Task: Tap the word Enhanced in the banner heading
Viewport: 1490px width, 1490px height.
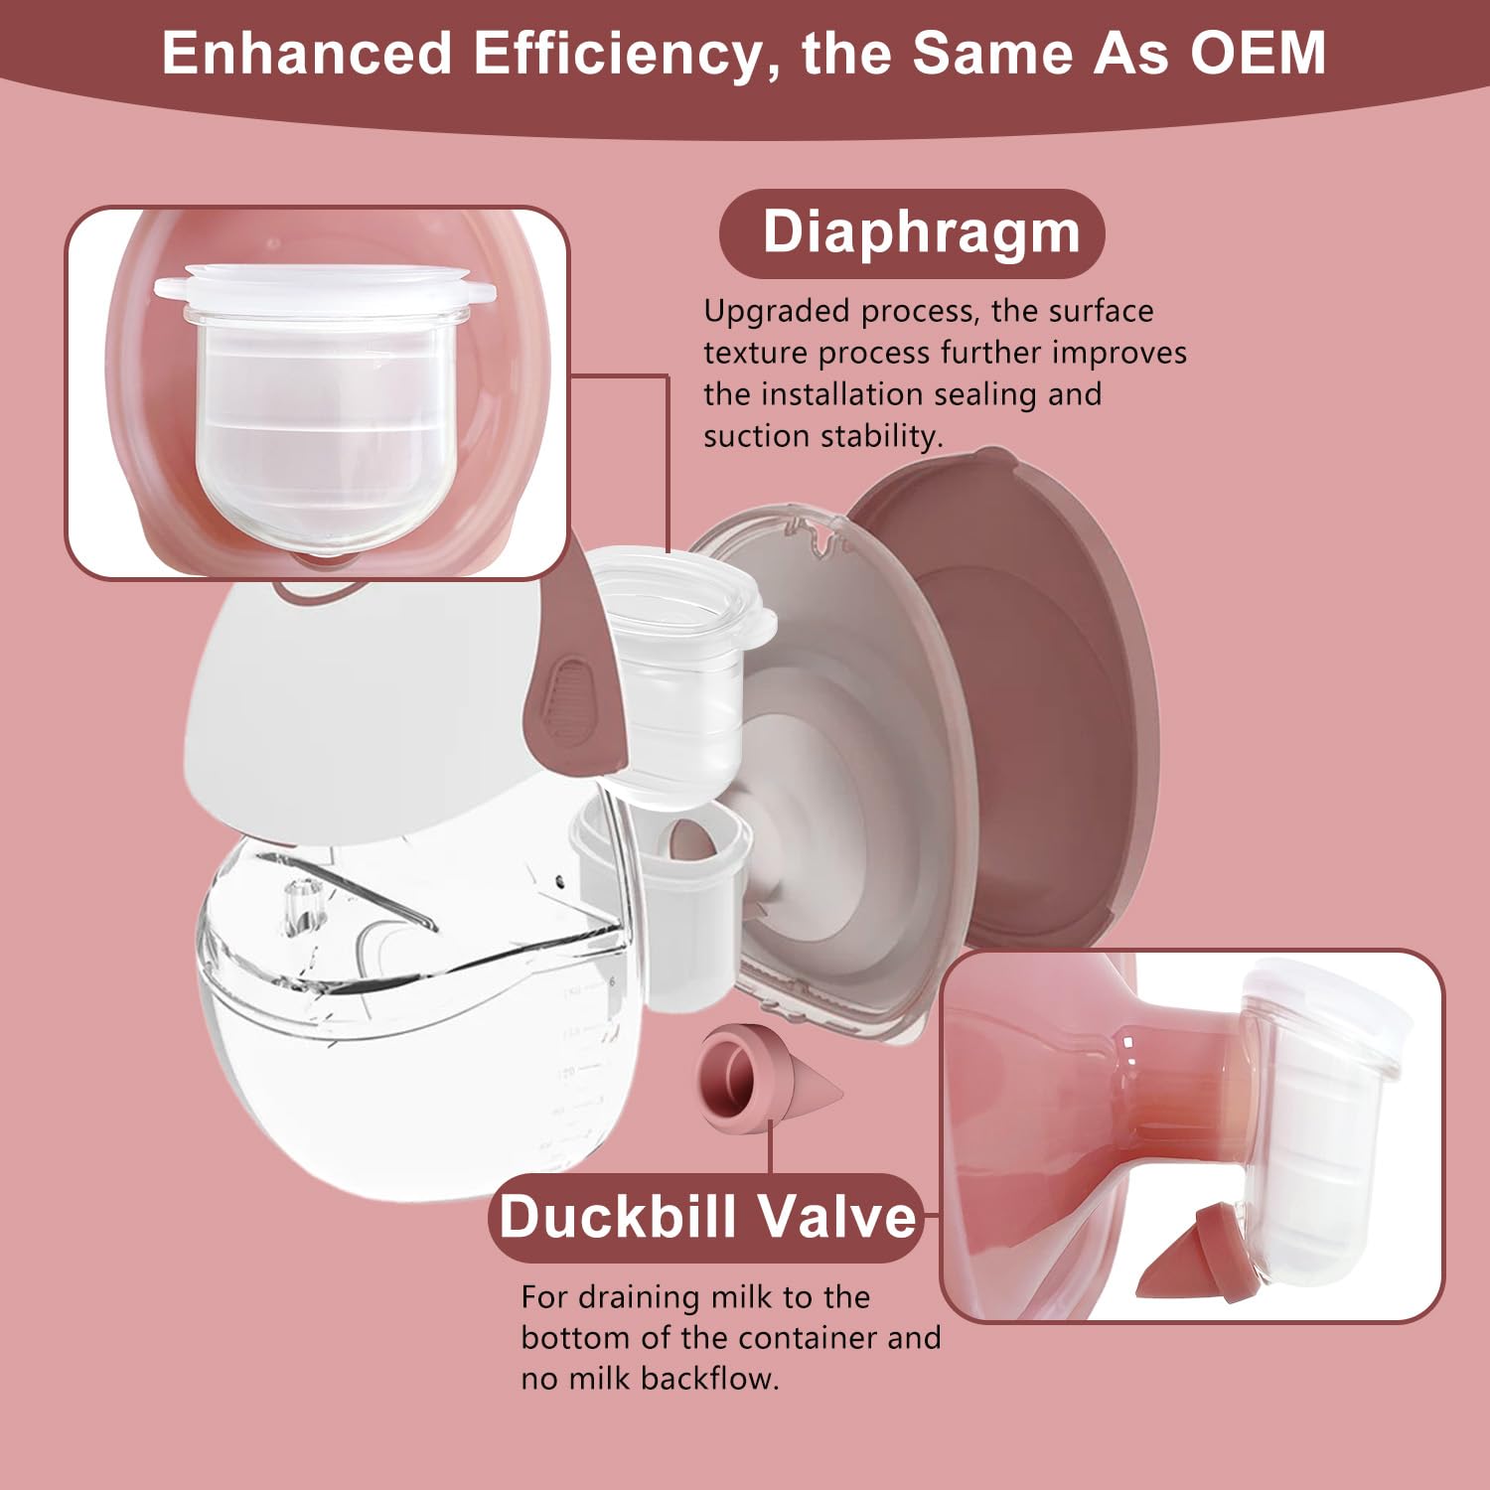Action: point(308,53)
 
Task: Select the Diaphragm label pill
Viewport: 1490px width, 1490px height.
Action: point(912,233)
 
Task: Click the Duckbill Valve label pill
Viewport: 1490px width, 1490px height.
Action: point(706,1217)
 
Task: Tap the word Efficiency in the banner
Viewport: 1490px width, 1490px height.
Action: point(616,53)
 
